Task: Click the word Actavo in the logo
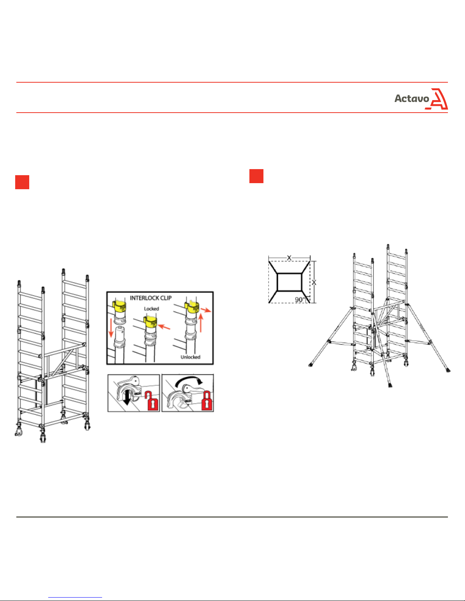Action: (411, 99)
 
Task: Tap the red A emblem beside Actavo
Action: (437, 99)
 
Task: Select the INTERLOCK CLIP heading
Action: (151, 298)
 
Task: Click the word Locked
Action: (151, 309)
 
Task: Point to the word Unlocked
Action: (191, 357)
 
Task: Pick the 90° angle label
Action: (300, 300)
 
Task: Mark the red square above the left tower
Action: (22, 182)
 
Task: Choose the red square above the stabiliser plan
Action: (256, 176)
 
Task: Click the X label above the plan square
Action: (289, 258)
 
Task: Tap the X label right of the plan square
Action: (314, 282)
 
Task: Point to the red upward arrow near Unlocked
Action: (201, 323)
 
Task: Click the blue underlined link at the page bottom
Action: (75, 597)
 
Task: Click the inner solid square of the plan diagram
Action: (289, 282)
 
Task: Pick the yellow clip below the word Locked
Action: (150, 322)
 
